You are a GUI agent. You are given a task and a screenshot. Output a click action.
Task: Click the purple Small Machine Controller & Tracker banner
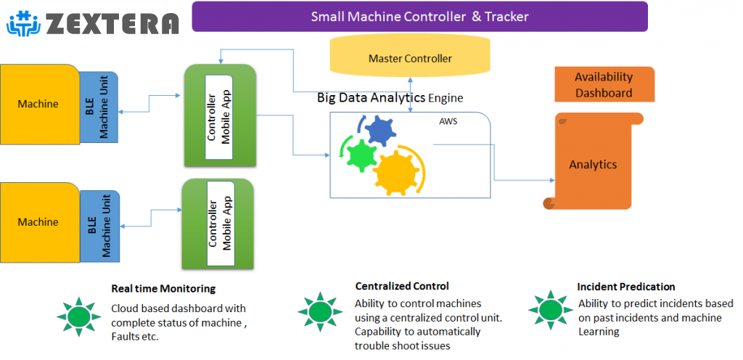coord(419,17)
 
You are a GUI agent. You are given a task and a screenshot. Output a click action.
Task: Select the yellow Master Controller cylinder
coord(409,58)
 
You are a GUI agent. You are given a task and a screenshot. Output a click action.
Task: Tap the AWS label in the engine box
coord(448,121)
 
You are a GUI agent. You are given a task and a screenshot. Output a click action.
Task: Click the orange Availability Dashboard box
coord(604,84)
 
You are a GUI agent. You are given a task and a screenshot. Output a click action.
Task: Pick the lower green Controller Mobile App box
coord(219,224)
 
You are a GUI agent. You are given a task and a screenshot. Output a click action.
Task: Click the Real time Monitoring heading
coord(163,289)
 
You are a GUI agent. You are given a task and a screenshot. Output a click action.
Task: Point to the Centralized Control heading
coord(402,286)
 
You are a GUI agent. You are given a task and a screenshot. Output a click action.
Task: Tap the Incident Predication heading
coord(626,287)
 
